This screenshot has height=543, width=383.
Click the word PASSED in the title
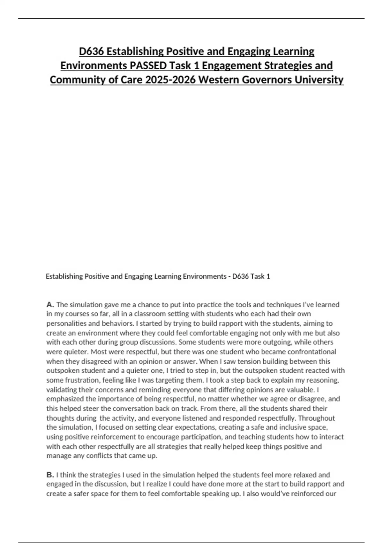pyautogui.click(x=148, y=65)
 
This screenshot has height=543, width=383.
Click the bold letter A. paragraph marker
pyautogui.click(x=50, y=304)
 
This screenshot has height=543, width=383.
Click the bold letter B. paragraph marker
pyautogui.click(x=50, y=475)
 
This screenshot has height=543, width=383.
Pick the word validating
pyautogui.click(x=61, y=390)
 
